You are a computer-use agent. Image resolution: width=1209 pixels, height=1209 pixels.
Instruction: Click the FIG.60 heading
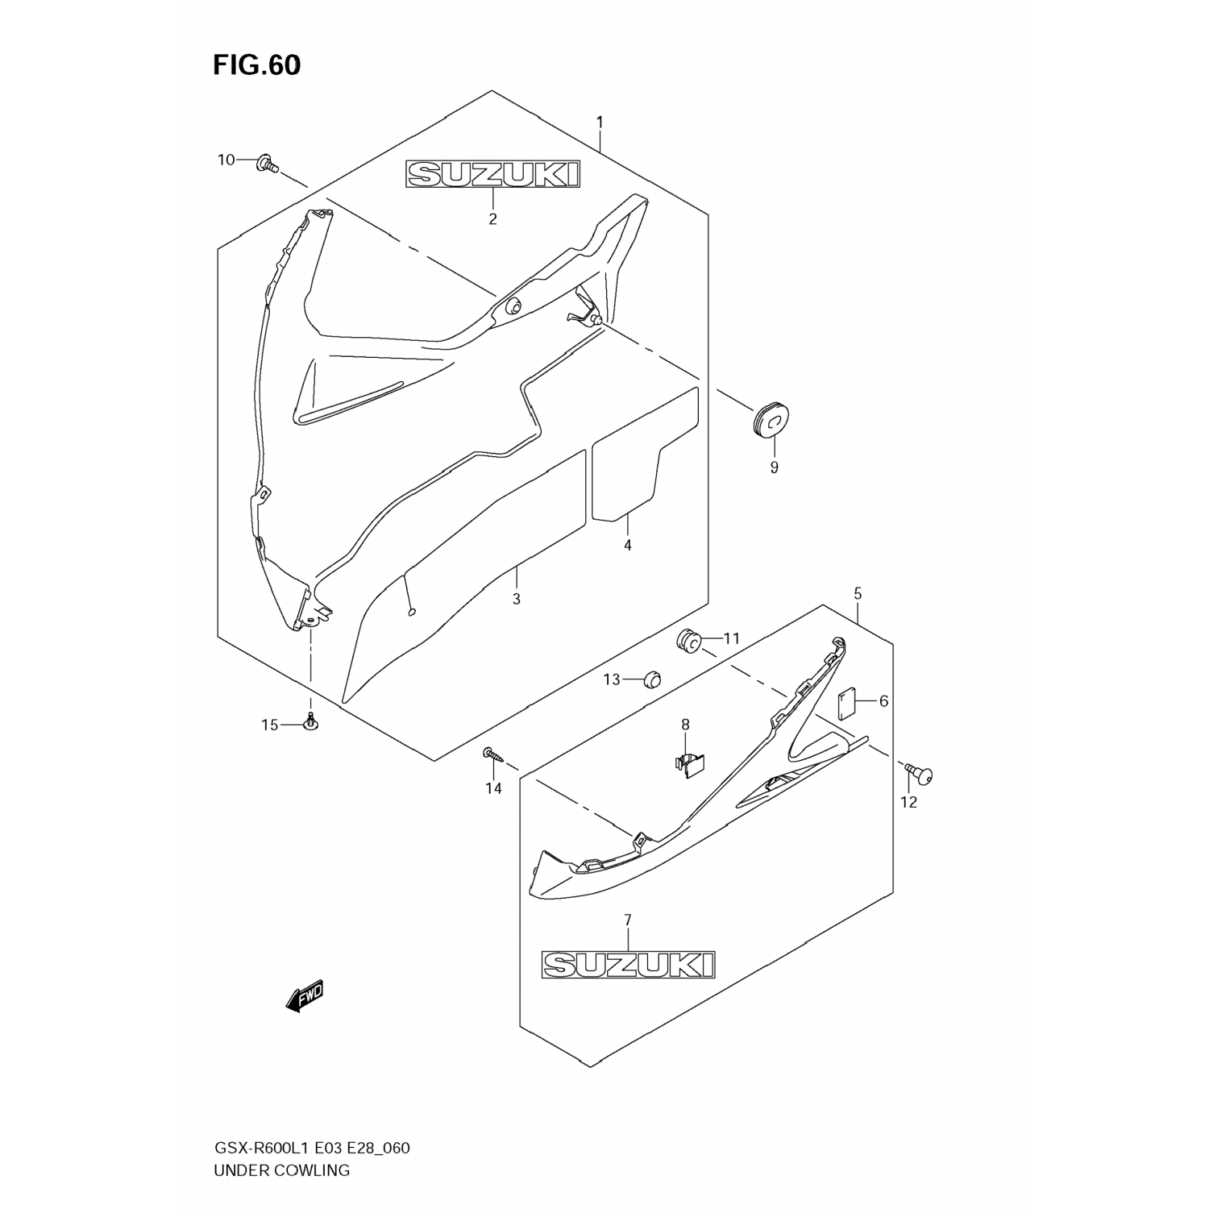tap(256, 65)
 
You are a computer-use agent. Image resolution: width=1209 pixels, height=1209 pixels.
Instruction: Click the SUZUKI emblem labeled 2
tap(492, 175)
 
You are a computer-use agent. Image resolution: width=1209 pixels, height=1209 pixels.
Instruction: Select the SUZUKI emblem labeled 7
tap(628, 964)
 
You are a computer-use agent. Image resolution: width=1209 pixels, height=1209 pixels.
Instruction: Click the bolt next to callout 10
tap(267, 164)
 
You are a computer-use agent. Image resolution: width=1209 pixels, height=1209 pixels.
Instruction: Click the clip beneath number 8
tap(687, 764)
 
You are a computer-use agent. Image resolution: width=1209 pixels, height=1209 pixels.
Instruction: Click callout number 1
tap(600, 123)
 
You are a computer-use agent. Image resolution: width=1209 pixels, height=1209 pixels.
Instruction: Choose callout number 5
tap(858, 594)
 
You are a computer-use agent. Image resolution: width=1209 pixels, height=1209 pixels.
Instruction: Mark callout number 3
tap(516, 599)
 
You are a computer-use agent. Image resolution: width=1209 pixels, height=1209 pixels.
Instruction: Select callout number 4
tap(627, 546)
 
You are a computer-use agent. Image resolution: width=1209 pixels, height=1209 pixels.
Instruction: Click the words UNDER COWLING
tap(281, 1170)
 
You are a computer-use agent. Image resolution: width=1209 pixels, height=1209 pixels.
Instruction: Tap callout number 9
tap(774, 467)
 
